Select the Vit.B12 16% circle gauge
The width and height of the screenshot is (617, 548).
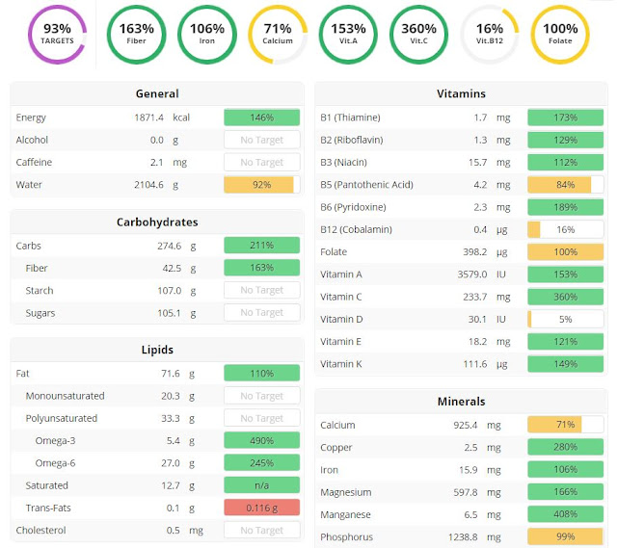pos(490,34)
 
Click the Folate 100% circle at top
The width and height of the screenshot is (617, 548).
pos(560,34)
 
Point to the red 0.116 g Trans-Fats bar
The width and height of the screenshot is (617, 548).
pos(261,508)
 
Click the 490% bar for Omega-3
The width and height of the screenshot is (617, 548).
pos(261,440)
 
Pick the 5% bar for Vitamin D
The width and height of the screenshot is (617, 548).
pos(566,319)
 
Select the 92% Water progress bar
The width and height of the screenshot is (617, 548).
pos(261,184)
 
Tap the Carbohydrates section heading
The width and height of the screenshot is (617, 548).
pos(157,222)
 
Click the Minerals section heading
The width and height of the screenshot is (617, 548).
pos(462,401)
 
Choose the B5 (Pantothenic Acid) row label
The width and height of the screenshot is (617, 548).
pos(366,185)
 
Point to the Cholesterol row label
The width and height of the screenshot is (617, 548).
pos(42,530)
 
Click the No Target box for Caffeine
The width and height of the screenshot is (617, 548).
pos(261,163)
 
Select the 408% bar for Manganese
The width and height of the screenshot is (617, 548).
pos(566,514)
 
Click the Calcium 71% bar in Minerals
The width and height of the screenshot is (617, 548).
pos(566,425)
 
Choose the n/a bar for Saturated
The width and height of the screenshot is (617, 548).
pos(261,485)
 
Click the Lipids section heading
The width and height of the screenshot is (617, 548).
pos(157,350)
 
